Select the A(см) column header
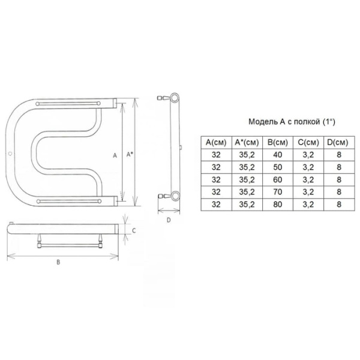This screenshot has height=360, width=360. pos(216,143)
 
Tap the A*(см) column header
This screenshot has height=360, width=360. pos(247,143)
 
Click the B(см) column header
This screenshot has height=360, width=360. pos(278,143)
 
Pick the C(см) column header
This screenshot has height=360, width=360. pos(308,143)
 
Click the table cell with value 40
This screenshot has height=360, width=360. pos(278,155)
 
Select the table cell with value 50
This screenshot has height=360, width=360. pos(278,167)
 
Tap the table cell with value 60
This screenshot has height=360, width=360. pos(278,179)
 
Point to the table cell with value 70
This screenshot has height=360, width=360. pos(278,192)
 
